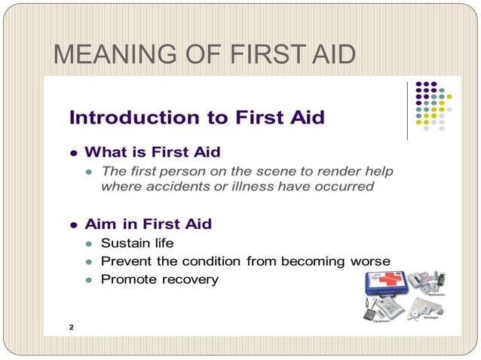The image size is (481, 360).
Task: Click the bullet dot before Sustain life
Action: (x=88, y=244)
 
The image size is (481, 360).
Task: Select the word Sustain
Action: (x=126, y=243)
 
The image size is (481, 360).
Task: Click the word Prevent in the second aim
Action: (x=125, y=261)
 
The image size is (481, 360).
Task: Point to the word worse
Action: (x=370, y=261)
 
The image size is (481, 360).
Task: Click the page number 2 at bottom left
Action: (x=71, y=328)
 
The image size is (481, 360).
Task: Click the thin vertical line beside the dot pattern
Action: (x=407, y=110)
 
